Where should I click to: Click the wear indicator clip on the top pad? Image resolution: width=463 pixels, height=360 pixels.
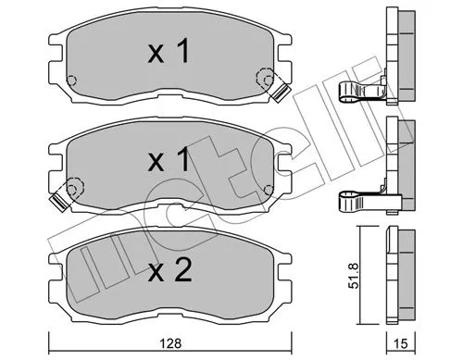coord(279,89)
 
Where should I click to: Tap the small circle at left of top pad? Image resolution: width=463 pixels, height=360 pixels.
coord(74,79)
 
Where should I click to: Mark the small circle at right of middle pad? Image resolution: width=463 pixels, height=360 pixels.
coord(269,188)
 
